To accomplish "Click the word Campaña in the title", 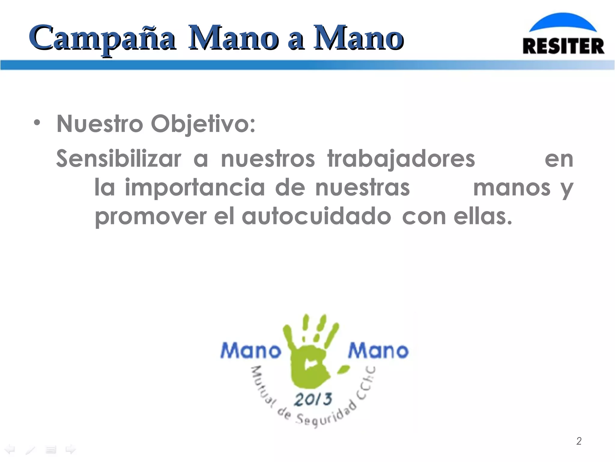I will [x=102, y=38].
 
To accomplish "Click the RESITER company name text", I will [x=563, y=46].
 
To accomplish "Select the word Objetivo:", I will [x=203, y=124].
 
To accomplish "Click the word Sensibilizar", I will [x=119, y=159].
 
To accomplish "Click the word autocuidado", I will [x=316, y=216].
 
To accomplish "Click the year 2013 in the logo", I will [x=313, y=400].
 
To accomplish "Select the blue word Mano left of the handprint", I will [x=251, y=351].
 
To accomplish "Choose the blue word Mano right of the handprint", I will [x=378, y=351].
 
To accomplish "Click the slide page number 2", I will [x=579, y=441].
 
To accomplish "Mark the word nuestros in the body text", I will [x=268, y=159].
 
